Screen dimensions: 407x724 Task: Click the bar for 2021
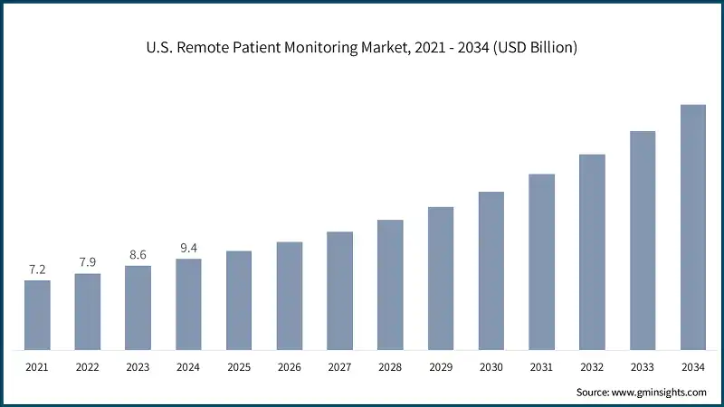[37, 315]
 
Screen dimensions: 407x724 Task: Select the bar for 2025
[239, 299]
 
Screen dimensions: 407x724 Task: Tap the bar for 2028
[390, 284]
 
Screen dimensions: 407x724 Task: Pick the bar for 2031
[541, 261]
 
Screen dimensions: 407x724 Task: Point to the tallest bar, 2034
[692, 227]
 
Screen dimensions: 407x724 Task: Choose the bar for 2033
[643, 241]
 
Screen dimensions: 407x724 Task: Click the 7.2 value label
[37, 270]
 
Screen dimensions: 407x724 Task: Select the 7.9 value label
[88, 263]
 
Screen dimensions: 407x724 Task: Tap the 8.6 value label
[138, 256]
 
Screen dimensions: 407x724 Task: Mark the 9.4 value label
[188, 249]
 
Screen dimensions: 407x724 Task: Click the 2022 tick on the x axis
[88, 367]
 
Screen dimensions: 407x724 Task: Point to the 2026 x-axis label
[290, 367]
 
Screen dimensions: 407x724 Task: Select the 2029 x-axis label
[441, 367]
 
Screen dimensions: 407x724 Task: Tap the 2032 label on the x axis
[592, 367]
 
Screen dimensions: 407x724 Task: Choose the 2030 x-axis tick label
[491, 367]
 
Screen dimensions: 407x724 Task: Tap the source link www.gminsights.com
[660, 392]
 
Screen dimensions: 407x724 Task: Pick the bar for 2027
[340, 290]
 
